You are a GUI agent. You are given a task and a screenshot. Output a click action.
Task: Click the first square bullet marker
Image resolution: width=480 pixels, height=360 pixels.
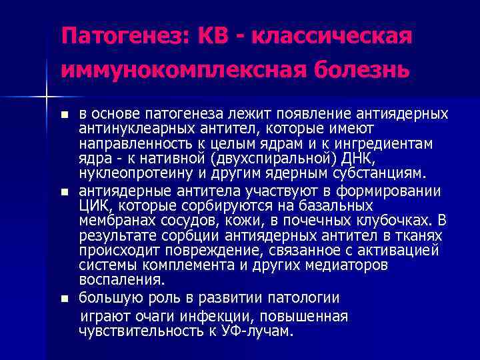pos(64,115)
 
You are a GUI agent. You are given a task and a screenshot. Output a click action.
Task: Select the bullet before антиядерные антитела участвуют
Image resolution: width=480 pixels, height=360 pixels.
pos(64,193)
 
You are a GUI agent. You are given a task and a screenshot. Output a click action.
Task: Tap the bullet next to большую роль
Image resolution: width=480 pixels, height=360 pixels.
pos(64,297)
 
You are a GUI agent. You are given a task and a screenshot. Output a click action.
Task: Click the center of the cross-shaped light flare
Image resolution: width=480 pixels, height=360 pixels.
pos(46,97)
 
